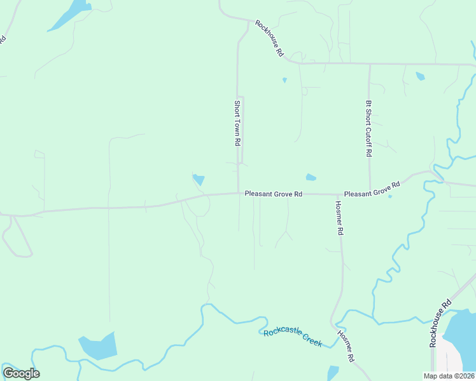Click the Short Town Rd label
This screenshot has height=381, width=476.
point(237,124)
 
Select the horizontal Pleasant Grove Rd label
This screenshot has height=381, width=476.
point(273,194)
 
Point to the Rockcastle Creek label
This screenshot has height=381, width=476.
point(293,337)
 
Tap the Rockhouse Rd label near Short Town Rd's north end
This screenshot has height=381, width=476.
point(269,39)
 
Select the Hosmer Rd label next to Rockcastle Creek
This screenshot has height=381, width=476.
point(345,347)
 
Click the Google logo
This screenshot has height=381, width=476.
point(21,373)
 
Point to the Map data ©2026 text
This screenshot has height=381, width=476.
point(449,375)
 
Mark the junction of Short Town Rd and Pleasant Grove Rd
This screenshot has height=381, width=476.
point(238,193)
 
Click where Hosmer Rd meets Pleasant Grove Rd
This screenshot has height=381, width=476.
point(336,194)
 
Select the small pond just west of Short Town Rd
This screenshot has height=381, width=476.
point(199,180)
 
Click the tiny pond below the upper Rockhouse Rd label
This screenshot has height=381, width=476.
point(284,80)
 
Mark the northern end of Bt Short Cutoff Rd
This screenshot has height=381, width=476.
point(369,64)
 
